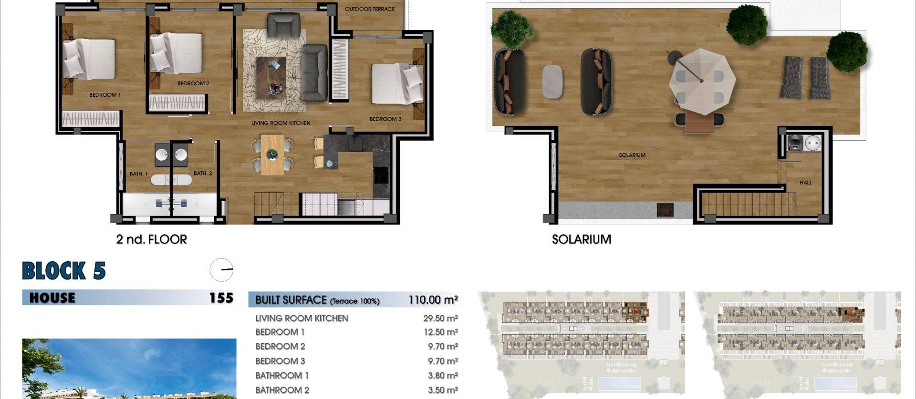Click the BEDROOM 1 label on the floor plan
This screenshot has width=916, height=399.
105,95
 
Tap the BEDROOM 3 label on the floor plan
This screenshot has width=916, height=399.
385,119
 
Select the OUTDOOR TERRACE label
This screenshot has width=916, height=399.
369,9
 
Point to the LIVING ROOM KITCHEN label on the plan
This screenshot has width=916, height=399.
281,123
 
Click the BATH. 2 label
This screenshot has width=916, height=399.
203,173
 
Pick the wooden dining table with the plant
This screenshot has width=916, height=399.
272,154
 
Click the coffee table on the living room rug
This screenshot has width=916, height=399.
271,78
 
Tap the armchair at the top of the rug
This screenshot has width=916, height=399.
283,24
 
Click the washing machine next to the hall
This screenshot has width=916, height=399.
795,143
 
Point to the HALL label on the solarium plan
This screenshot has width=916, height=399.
805,183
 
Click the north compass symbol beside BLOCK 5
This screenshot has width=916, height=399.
221,270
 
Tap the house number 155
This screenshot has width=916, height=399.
221,298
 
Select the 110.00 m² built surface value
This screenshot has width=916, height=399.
433,300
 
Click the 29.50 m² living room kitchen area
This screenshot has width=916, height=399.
440,318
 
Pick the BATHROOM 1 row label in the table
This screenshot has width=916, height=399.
282,376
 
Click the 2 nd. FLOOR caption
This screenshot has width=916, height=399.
151,239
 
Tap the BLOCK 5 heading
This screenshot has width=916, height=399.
64,271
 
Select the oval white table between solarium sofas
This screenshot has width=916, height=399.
552,82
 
